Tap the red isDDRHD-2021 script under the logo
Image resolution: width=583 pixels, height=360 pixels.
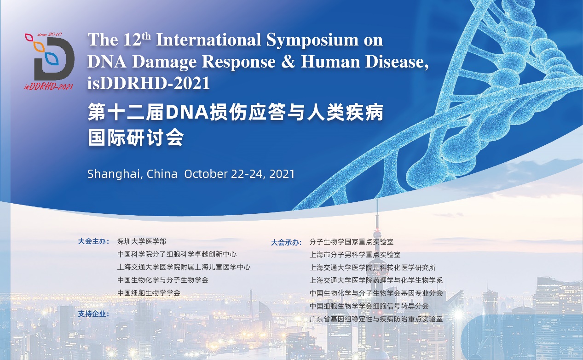click(x=49, y=86)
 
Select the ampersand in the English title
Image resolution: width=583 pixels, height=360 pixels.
click(x=288, y=62)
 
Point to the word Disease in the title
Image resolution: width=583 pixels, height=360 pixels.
click(x=397, y=62)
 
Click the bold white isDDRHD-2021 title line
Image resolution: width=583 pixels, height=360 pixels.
click(x=149, y=83)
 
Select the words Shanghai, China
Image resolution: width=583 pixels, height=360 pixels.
click(x=133, y=174)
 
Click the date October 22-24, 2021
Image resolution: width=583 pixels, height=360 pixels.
click(x=239, y=174)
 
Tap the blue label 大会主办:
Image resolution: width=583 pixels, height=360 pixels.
click(x=93, y=241)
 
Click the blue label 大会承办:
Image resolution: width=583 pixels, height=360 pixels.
click(x=286, y=242)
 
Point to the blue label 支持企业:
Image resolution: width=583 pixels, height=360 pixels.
click(x=93, y=314)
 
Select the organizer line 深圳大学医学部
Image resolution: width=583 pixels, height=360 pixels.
click(x=142, y=241)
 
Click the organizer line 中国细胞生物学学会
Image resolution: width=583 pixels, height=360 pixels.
click(x=149, y=293)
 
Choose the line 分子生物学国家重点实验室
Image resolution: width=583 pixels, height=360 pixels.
click(x=352, y=242)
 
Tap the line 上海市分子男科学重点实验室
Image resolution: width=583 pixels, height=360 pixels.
click(x=355, y=254)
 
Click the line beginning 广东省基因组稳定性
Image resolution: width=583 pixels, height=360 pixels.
click(x=376, y=319)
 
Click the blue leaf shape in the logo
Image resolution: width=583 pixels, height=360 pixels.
click(x=52, y=58)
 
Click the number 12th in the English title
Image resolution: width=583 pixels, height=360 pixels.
click(x=137, y=40)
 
